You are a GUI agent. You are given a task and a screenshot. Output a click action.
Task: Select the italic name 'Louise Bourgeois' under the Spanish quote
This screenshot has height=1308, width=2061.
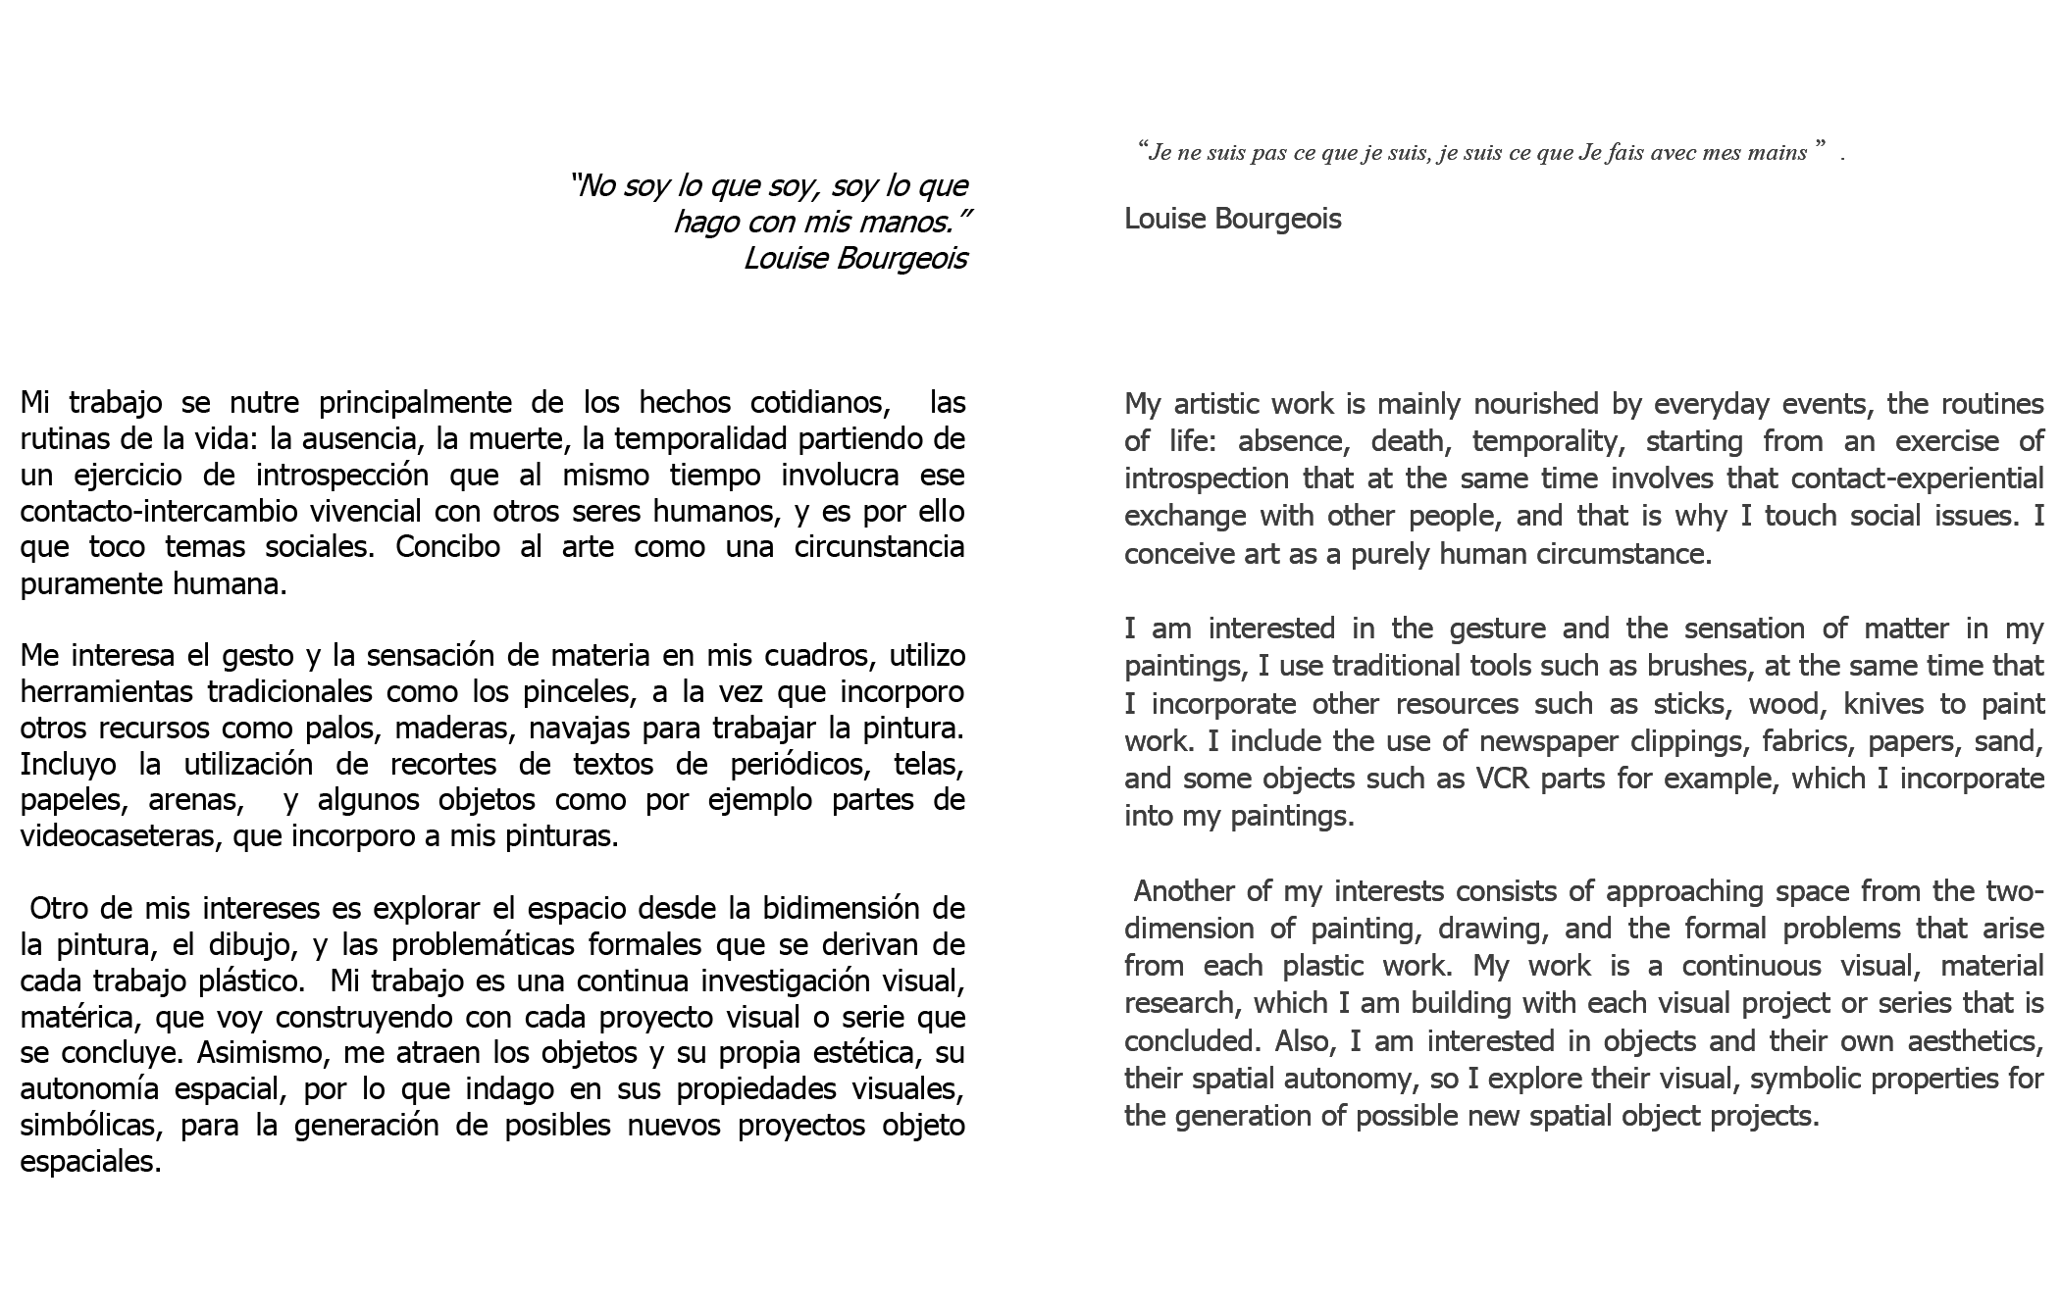(x=854, y=259)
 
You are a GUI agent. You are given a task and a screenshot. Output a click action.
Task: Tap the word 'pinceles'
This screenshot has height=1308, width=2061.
(x=558, y=691)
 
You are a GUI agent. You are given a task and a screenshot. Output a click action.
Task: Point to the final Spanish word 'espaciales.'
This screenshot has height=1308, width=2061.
(x=90, y=1162)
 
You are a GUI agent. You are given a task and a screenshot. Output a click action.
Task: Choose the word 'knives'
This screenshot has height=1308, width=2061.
(x=1889, y=704)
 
